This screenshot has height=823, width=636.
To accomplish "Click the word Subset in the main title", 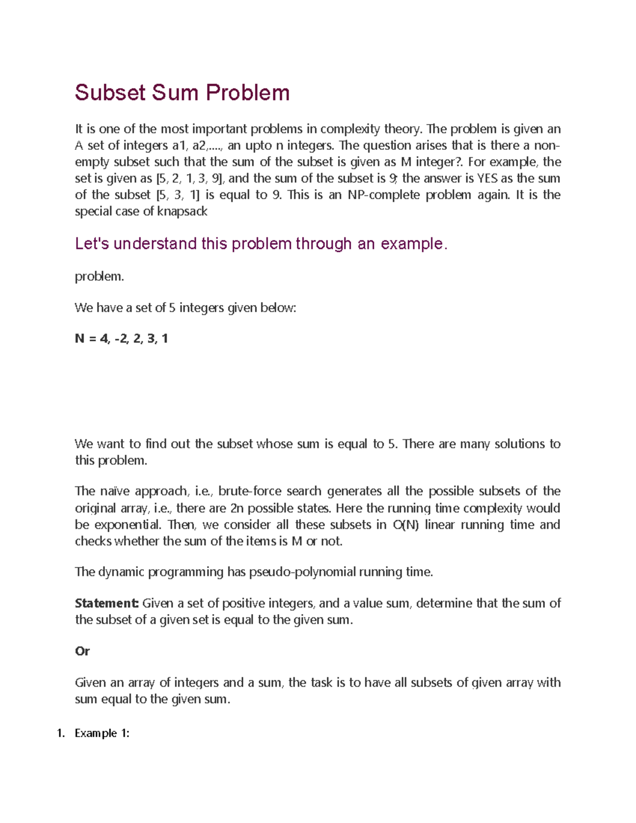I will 110,93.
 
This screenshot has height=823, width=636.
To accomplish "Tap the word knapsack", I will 182,211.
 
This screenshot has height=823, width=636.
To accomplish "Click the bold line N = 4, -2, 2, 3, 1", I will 121,339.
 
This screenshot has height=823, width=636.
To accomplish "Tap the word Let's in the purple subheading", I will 92,244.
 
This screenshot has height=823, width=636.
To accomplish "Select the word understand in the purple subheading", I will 155,244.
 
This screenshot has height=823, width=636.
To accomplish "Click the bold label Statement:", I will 107,603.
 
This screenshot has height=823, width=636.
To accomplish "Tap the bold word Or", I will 82,651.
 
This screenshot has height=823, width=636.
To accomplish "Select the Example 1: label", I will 102,733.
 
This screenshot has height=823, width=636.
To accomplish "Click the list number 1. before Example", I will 60,733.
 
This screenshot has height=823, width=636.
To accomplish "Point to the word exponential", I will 127,525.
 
